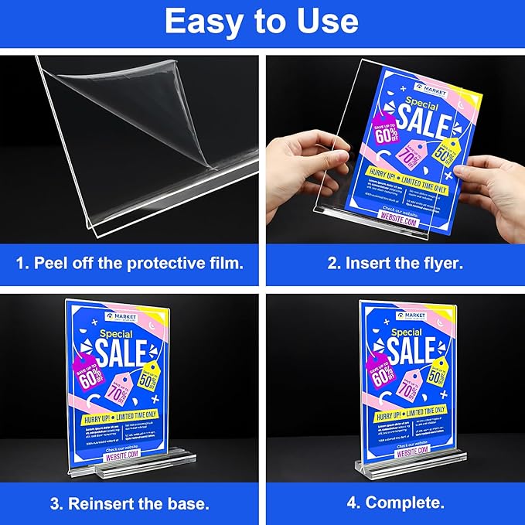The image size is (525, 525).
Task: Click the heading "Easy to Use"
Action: [x=261, y=22]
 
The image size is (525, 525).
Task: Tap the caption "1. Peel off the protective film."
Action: [x=130, y=263]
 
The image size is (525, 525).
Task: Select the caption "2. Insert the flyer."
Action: [x=394, y=263]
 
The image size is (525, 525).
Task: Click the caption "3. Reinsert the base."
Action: [x=130, y=503]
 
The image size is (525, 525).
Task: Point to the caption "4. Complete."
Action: [x=394, y=503]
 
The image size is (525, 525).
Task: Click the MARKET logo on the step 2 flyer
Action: [x=428, y=87]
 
